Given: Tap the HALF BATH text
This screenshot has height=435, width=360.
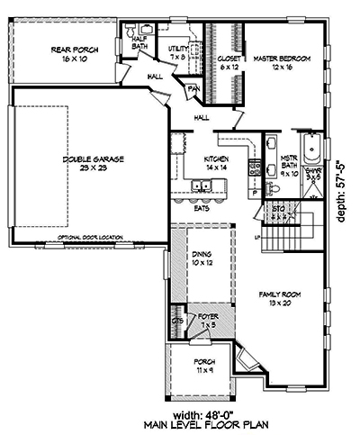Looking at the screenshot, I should point(139,41).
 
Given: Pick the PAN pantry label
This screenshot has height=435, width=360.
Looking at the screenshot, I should point(193,88).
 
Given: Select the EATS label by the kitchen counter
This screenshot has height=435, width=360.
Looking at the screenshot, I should point(203,208).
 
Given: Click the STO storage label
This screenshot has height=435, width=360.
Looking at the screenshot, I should point(279,213).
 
